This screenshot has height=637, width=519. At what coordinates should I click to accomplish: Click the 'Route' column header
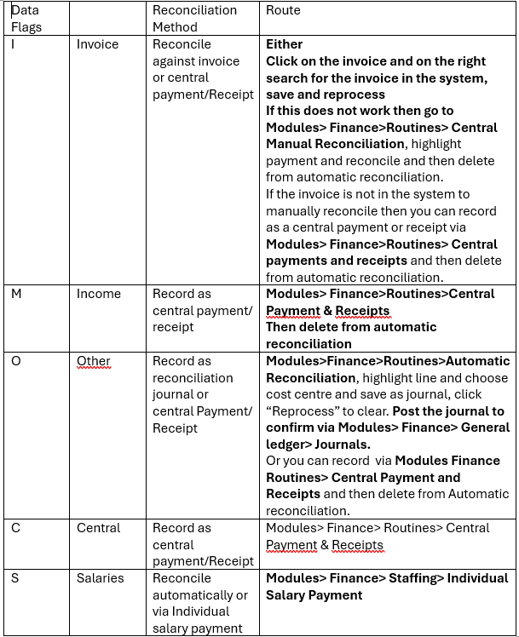coord(283,10)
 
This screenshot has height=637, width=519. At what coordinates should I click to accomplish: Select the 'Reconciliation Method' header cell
coord(194,19)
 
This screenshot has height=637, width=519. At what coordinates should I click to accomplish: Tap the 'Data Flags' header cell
coord(26,19)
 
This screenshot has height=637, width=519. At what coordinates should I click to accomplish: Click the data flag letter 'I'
coord(13,44)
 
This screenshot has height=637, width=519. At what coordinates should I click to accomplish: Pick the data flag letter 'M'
coord(16,294)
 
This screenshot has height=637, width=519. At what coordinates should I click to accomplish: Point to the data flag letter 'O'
coord(16,361)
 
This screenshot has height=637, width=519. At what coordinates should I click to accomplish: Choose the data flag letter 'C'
coord(15,528)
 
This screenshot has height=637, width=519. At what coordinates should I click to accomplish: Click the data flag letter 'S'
coord(14,578)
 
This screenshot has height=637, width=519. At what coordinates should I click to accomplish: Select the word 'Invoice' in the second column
coord(98,44)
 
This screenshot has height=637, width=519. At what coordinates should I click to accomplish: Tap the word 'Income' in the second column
coord(99,294)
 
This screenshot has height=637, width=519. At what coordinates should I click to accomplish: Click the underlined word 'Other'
coord(94,361)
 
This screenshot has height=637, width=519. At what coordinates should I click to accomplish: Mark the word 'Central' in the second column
coord(99,528)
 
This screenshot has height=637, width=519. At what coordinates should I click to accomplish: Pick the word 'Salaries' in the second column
coord(101,578)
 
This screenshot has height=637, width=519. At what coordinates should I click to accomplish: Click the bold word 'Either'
coord(285,44)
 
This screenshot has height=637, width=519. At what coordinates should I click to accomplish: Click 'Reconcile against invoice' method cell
coord(196,61)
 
